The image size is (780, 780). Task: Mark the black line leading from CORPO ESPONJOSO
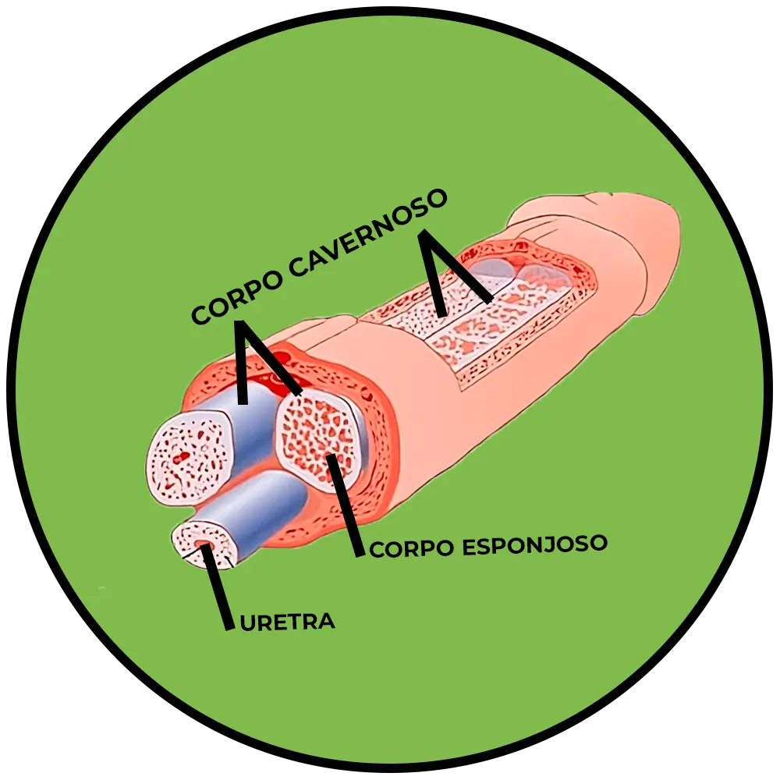(346, 507)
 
